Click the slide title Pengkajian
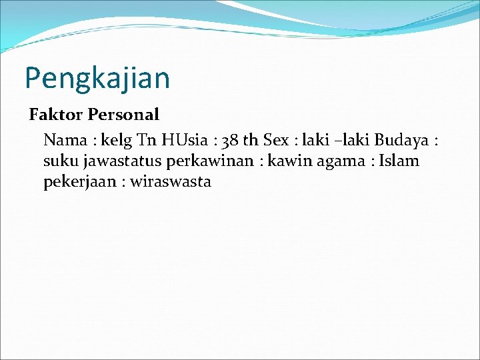tap(97, 78)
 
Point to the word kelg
tap(117, 141)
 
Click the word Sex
tap(276, 140)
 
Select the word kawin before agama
tap(289, 161)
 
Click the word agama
tap(341, 161)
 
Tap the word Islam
tap(399, 161)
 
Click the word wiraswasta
tap(171, 181)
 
